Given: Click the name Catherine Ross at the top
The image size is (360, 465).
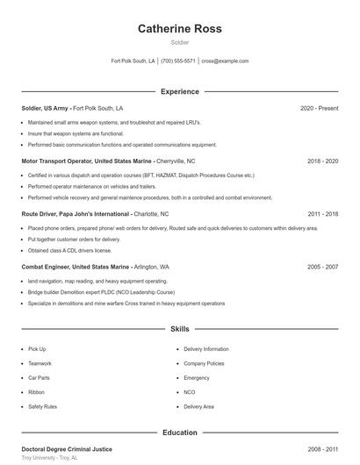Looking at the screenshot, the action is click(x=179, y=29).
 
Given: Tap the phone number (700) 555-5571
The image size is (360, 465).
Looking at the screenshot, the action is click(x=178, y=61).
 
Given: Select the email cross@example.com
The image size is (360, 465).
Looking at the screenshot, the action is click(x=225, y=61).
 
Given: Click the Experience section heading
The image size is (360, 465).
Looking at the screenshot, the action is click(x=179, y=91).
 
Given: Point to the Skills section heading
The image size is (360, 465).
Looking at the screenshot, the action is click(x=179, y=329).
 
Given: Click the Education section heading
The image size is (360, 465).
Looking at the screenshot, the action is click(x=179, y=433).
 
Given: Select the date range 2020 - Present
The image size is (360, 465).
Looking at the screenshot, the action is click(x=319, y=109).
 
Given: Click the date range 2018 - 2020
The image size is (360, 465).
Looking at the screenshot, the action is click(x=322, y=161).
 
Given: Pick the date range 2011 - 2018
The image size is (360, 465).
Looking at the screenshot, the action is click(x=322, y=214).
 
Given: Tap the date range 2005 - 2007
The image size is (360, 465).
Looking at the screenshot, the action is click(x=322, y=267).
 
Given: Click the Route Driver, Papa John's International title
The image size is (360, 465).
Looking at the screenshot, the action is click(x=76, y=214).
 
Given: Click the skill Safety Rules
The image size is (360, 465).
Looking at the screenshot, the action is click(x=42, y=407).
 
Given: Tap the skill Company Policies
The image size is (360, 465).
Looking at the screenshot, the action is click(x=204, y=363).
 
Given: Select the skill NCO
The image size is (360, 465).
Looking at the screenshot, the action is click(x=190, y=392).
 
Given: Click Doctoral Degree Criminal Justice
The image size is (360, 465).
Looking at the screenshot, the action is click(x=67, y=449).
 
